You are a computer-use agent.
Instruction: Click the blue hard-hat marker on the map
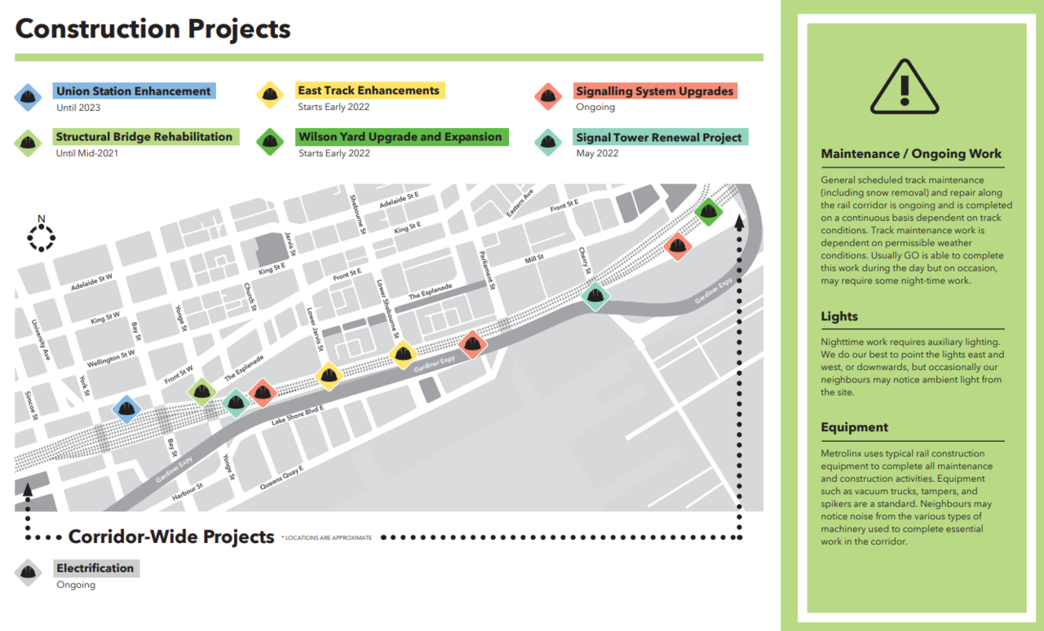[126, 409]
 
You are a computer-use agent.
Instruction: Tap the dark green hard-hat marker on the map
[709, 212]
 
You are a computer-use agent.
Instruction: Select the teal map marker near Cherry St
[595, 296]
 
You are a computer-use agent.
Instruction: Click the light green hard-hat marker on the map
[201, 392]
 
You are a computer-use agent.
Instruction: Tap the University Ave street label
[41, 340]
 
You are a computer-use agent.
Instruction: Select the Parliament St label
[486, 271]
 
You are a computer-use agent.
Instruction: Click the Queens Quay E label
[281, 477]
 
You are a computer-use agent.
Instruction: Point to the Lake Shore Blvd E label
[298, 415]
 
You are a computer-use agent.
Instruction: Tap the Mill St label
[534, 258]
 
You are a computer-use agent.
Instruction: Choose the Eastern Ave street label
[520, 203]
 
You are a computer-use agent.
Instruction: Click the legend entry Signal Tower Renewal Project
[658, 138]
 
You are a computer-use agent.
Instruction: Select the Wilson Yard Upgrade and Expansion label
[400, 136]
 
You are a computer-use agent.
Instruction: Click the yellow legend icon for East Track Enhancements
[270, 95]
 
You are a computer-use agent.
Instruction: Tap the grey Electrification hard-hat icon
[28, 573]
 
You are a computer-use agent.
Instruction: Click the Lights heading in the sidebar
[839, 316]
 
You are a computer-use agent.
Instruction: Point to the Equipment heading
[854, 427]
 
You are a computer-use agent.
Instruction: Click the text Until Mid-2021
[87, 153]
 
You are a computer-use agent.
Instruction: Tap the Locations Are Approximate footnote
[327, 538]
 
